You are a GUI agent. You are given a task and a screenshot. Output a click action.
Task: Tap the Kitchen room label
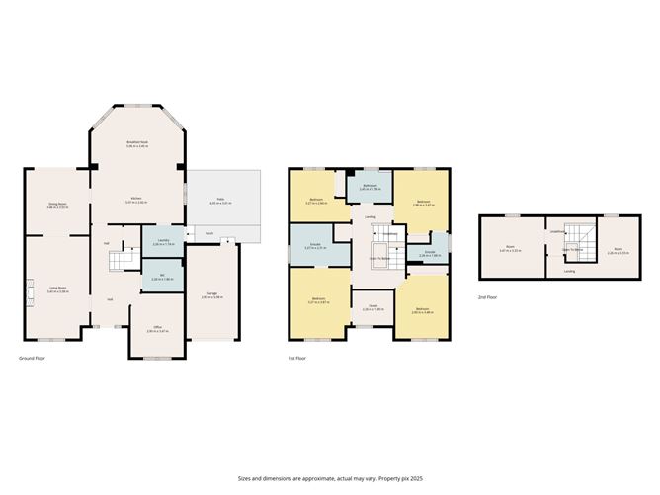(137, 201)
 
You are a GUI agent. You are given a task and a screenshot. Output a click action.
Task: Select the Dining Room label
(57, 206)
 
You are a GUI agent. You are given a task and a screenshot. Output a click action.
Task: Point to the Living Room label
(57, 289)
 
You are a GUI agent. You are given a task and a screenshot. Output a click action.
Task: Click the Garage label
(212, 293)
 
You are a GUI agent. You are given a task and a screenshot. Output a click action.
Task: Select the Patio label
(221, 201)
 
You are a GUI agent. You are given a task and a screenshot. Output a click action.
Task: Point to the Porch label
(209, 234)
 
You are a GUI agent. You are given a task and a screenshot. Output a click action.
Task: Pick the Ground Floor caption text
(33, 358)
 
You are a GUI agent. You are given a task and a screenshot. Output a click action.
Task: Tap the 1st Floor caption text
(299, 358)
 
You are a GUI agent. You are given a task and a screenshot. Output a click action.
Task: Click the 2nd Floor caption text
(487, 296)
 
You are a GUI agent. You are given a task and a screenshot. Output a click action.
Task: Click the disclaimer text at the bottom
(329, 477)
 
